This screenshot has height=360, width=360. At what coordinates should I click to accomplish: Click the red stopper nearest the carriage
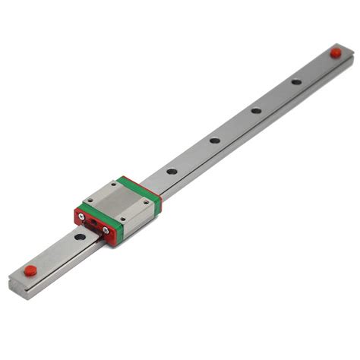tap(30, 270)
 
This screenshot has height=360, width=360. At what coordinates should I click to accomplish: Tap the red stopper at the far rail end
tap(335, 52)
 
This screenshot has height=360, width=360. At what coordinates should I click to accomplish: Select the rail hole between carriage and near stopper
tap(80, 238)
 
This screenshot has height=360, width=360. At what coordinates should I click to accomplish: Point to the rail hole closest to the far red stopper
tap(296, 81)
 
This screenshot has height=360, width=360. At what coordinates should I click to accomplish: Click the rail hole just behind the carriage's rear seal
tap(172, 171)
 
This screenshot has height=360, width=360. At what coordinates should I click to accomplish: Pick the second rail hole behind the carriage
tap(215, 140)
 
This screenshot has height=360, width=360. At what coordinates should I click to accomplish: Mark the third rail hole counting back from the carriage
tap(257, 110)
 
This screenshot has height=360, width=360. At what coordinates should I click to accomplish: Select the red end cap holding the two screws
tap(96, 226)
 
